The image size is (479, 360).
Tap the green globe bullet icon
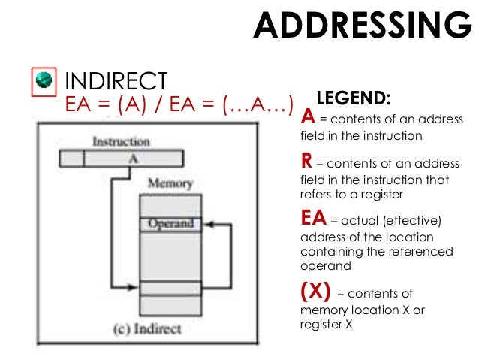(x=44, y=79)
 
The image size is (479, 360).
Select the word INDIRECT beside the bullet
(x=116, y=80)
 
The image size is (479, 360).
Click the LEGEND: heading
(x=354, y=98)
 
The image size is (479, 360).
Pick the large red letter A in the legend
(x=307, y=117)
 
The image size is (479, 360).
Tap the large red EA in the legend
(x=313, y=219)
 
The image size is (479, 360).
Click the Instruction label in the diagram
(x=121, y=141)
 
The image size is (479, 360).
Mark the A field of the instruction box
(x=133, y=159)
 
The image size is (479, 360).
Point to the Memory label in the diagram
(x=170, y=183)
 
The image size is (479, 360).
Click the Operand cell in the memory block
(x=170, y=224)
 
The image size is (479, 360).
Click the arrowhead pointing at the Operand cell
(x=208, y=224)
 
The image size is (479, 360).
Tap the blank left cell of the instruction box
(x=71, y=159)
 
